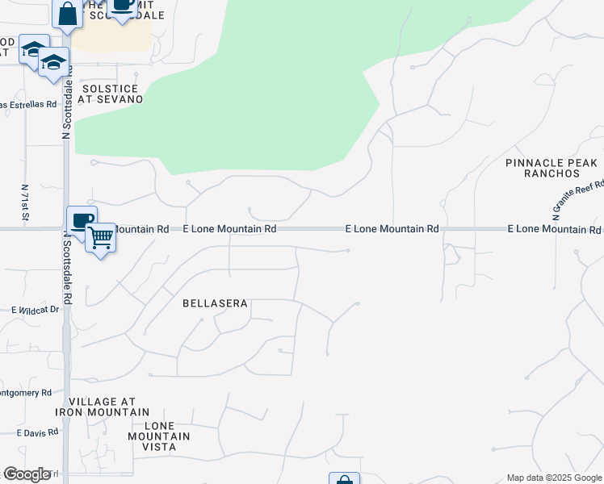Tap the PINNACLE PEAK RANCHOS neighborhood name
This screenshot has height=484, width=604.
tap(552, 168)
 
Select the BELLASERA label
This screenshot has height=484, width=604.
tap(215, 304)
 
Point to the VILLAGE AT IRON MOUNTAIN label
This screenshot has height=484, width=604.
tap(102, 407)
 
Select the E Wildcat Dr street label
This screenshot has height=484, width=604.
tap(36, 309)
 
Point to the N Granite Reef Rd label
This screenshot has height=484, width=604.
tap(579, 200)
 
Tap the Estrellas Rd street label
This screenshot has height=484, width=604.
tap(28, 104)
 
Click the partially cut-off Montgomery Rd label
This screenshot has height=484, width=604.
tap(26, 393)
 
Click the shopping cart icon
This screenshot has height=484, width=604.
tap(101, 237)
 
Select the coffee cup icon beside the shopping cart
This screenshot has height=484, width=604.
tap(82, 220)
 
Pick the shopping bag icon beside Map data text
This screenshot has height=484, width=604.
tap(344, 479)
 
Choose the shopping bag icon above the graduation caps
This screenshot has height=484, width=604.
tap(67, 13)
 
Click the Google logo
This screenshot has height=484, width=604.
tap(27, 474)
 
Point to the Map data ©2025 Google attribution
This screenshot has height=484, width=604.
tap(553, 478)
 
